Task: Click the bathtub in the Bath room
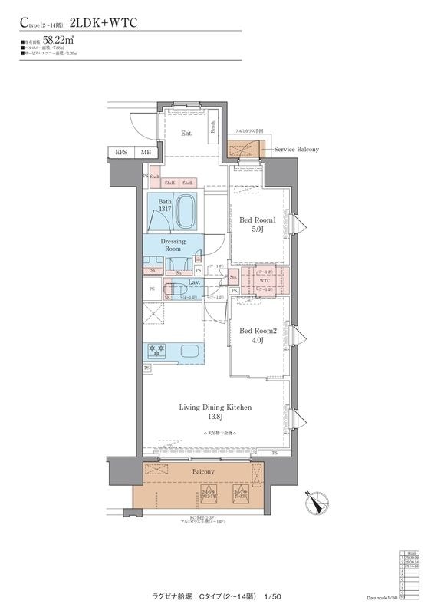(186, 212)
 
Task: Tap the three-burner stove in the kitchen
(158, 352)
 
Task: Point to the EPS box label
(121, 153)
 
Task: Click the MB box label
(146, 153)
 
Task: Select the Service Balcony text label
(296, 149)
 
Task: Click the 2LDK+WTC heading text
(103, 24)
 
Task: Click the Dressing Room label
(173, 245)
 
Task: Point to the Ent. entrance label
(186, 133)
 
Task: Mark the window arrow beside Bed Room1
(301, 224)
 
